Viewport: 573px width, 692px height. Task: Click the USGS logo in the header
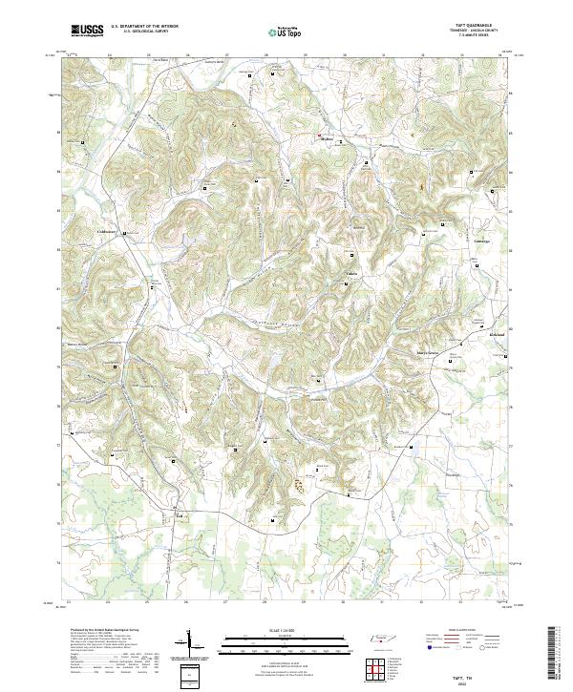[87, 31]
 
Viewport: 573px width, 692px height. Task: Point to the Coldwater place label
[106, 231]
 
